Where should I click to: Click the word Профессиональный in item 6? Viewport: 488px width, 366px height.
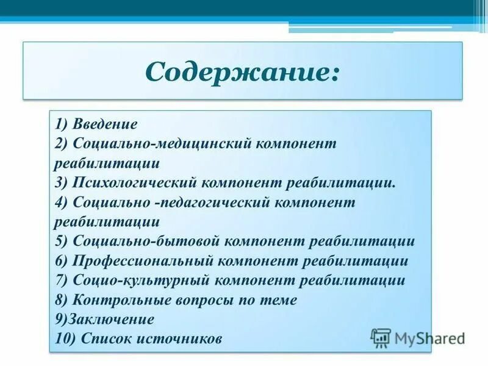pos(142,260)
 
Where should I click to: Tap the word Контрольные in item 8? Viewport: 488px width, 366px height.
pos(118,300)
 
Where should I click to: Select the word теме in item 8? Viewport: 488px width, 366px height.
pos(280,300)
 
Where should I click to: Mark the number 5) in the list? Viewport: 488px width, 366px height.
pos(62,241)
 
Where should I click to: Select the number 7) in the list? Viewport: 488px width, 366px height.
pos(62,280)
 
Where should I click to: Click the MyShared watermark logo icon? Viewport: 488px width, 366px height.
pos(381,337)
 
